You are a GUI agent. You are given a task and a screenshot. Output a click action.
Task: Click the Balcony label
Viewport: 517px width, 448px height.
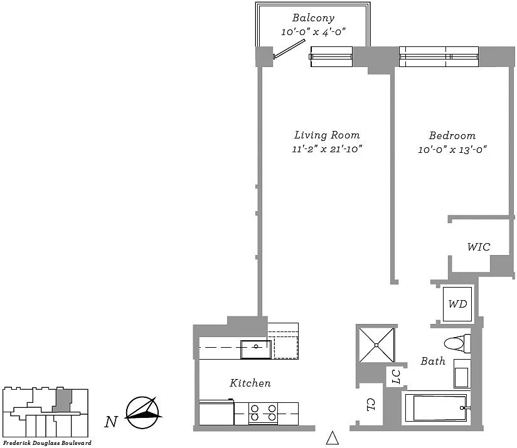313,18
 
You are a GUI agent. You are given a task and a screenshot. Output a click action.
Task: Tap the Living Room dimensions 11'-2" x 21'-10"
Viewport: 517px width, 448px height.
327,148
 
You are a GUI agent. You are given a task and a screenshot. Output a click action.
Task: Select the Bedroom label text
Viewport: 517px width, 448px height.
452,135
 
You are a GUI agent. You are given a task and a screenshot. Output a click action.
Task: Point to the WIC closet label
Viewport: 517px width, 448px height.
479,247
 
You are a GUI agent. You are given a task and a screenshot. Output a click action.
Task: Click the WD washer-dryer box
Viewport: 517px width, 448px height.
457,304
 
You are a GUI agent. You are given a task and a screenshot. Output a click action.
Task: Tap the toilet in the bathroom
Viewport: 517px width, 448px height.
457,343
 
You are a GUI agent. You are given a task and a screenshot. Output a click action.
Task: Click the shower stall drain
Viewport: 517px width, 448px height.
376,345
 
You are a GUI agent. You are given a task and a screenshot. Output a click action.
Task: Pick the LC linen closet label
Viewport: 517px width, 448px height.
396,377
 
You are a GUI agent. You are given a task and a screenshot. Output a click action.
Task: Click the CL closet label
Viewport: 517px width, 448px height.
371,405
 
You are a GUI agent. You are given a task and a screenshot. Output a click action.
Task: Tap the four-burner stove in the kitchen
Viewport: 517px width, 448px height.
263,413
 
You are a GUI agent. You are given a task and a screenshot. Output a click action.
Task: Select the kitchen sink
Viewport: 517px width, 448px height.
256,349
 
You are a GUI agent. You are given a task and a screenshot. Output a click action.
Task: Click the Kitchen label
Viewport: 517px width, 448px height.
250,383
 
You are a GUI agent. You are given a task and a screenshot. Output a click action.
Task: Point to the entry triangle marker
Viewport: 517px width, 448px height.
333,438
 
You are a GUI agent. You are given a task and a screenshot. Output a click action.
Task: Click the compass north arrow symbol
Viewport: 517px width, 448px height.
143,412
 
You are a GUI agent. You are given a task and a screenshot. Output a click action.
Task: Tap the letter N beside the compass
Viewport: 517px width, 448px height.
111,422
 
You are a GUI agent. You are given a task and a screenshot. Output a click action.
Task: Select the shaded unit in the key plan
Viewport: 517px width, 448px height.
62,400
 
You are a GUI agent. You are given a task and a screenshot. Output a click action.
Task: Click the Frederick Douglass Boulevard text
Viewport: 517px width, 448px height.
47,443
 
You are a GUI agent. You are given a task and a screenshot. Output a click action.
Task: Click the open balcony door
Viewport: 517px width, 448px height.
289,49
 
